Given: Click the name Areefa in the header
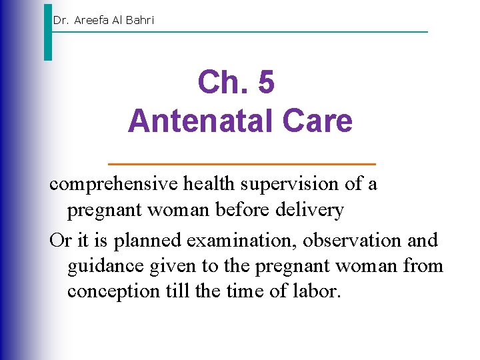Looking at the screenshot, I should [94, 20].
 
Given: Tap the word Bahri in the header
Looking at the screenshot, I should [140, 20].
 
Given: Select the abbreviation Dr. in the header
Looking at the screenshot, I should [61, 20].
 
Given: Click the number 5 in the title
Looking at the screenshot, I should [265, 83].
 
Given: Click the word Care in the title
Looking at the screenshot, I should [317, 121].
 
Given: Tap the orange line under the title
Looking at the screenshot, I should [241, 163].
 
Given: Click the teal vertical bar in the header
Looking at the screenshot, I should [48, 32].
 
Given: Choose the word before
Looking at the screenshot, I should [249, 211].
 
